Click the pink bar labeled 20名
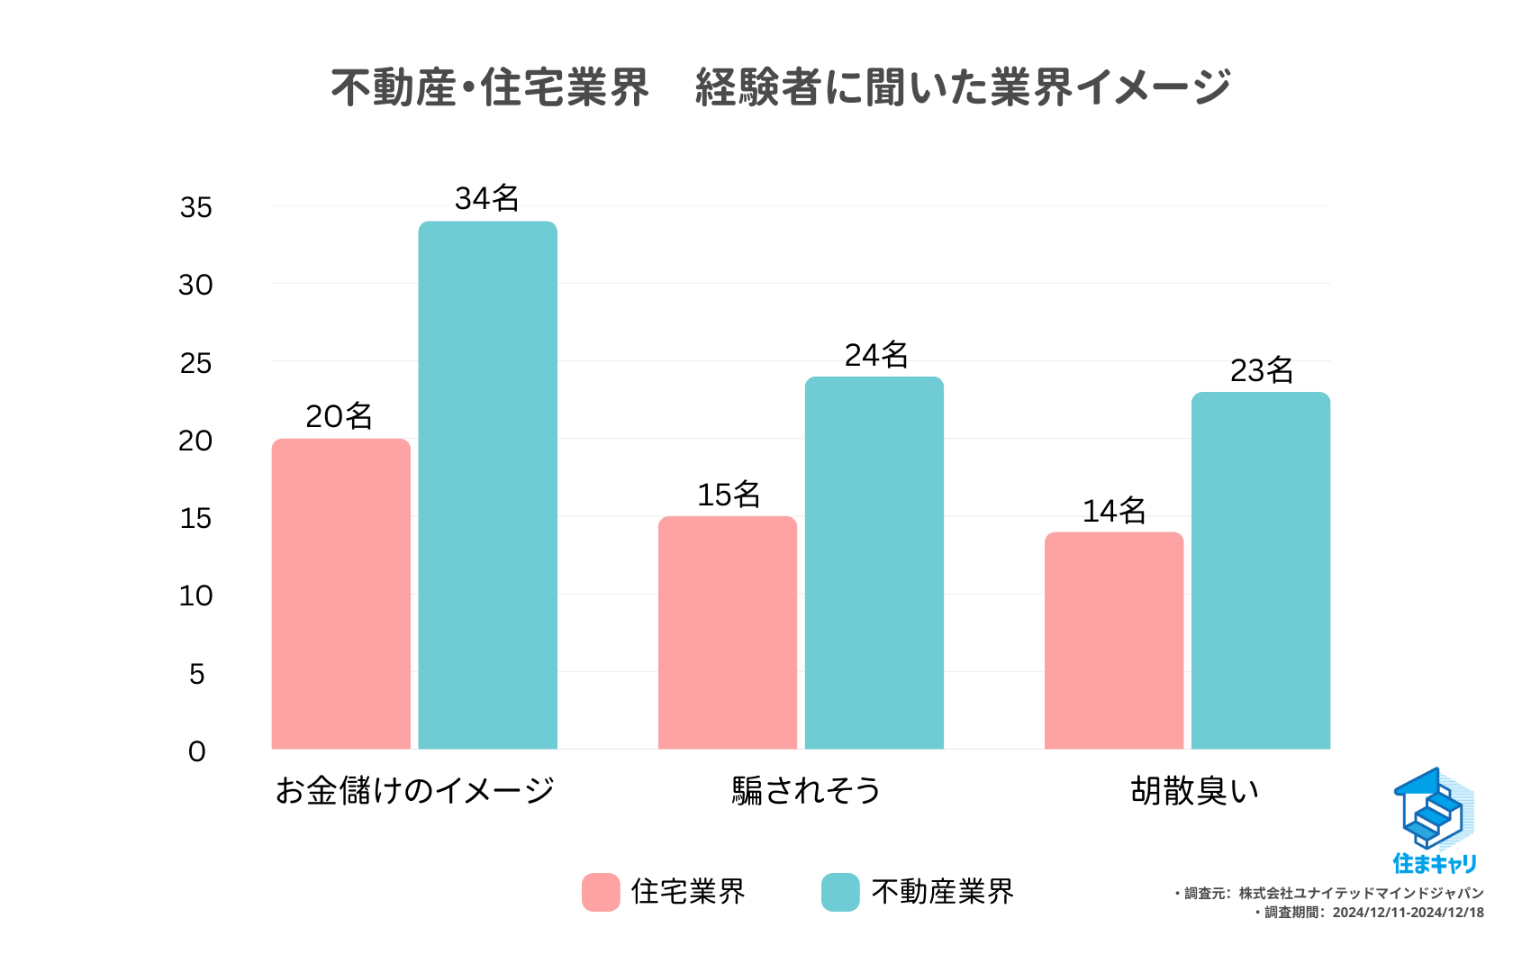coord(340,594)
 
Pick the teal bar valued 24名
coord(874,563)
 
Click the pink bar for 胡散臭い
coord(1113,641)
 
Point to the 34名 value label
coord(486,198)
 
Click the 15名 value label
coord(728,495)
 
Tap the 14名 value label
coord(1113,511)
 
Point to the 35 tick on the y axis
coord(195,208)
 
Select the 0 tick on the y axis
coord(196,751)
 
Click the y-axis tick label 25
coord(195,364)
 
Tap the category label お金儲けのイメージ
coord(414,790)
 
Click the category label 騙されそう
coord(806,790)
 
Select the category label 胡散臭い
coord(1194,790)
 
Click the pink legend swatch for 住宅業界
coord(601,892)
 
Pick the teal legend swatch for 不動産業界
coord(840,892)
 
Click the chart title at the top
coord(780,87)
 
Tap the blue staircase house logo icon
coord(1433,808)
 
